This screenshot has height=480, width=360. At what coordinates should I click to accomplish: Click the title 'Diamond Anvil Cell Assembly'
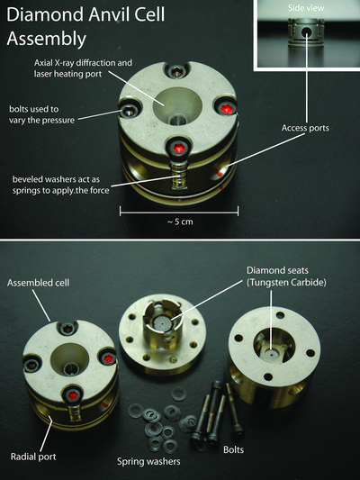(85, 26)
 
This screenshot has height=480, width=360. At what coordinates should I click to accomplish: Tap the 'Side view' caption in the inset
(306, 8)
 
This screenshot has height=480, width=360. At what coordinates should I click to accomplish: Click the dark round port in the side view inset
(306, 32)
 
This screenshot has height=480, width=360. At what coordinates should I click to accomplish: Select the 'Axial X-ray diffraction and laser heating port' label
(83, 68)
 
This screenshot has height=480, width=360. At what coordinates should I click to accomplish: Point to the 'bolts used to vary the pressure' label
(41, 114)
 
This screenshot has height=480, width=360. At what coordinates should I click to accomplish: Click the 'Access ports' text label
(305, 128)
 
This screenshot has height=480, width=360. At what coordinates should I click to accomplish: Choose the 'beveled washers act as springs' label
(60, 185)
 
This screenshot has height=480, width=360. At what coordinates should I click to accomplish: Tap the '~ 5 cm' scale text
(180, 222)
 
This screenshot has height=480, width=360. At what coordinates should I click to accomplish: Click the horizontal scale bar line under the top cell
(179, 211)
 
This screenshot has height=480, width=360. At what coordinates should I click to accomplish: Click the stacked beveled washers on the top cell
(178, 175)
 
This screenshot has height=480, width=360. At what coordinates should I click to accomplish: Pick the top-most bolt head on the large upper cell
(175, 71)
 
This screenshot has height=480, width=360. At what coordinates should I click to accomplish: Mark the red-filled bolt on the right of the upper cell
(226, 107)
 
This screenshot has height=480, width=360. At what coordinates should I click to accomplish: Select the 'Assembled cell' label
(38, 283)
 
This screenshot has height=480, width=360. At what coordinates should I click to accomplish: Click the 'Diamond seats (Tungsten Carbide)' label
(286, 276)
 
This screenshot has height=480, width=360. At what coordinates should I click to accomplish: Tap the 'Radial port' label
(33, 457)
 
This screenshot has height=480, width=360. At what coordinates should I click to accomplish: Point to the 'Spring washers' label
(148, 461)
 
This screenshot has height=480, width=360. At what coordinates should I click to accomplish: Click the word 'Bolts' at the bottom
(234, 449)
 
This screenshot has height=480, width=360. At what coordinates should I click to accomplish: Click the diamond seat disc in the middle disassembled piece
(161, 322)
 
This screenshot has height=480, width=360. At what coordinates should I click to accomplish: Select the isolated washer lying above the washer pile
(178, 394)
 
